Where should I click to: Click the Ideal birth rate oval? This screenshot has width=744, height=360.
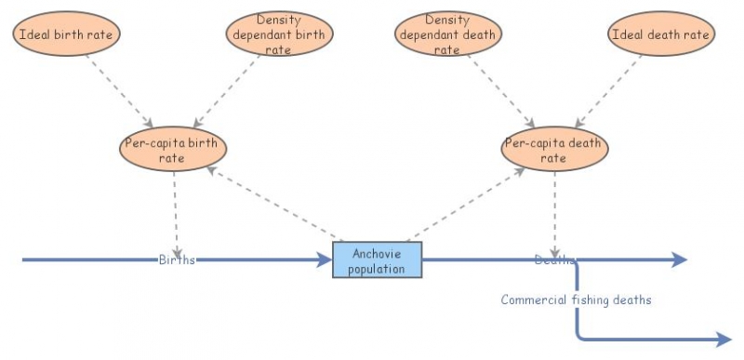67,34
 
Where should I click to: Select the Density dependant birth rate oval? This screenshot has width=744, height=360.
279,34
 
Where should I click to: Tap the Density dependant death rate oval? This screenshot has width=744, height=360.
449,34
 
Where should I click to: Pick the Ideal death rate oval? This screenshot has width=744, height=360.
661,34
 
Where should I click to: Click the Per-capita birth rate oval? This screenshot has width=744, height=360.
174,150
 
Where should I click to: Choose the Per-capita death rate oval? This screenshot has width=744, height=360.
555,150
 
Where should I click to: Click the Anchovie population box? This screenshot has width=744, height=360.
377,260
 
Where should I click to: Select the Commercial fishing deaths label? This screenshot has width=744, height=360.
576,300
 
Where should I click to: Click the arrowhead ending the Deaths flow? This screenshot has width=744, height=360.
680,260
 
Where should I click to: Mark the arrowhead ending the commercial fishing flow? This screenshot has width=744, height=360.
724,340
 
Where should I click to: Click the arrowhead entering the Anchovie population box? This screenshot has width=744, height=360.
325,260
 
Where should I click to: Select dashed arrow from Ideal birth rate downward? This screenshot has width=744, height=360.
119,89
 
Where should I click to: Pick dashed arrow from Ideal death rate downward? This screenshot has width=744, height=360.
610,89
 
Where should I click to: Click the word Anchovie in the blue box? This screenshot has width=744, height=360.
377,253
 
